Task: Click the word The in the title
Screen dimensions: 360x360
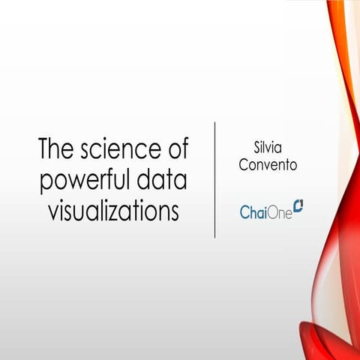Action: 56,149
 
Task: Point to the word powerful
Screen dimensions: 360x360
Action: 82,181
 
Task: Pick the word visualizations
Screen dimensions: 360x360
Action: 113,211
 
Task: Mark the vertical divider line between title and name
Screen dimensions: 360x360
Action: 215,180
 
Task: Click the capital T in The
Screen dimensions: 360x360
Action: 45,149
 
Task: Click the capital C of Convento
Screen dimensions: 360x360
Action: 243,164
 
